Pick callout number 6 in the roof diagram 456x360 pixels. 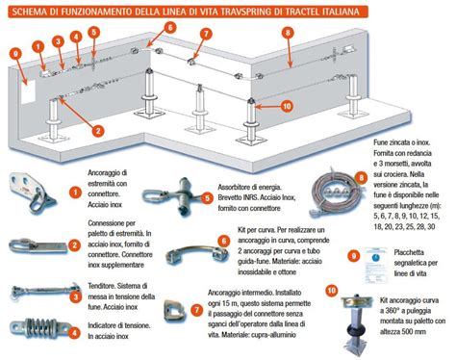(169, 28)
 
